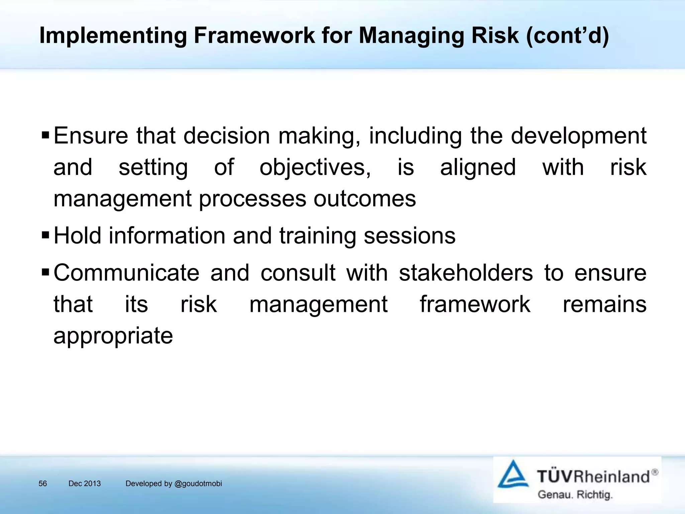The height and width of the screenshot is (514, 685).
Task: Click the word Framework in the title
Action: tap(254, 35)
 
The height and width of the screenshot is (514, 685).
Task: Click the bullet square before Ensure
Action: tap(45, 136)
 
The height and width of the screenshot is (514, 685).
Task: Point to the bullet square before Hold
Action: tap(45, 236)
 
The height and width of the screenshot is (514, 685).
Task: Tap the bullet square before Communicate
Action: tap(45, 273)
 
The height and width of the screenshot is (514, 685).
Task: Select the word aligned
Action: tap(478, 167)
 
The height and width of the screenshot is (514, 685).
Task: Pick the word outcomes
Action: tap(365, 199)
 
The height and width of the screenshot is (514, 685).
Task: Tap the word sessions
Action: tap(409, 236)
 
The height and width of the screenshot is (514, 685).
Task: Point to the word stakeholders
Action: tap(466, 273)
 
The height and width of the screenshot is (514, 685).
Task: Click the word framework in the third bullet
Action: tap(475, 304)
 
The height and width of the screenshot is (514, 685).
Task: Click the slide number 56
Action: tap(43, 484)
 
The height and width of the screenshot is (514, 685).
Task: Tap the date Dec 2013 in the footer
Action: tap(84, 484)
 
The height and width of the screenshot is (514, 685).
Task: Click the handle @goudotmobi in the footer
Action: tap(198, 484)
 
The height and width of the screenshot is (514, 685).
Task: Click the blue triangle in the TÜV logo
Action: tap(513, 475)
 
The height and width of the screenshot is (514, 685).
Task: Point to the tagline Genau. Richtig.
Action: tap(575, 495)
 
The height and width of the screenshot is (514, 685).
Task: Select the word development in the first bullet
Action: tap(579, 136)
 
